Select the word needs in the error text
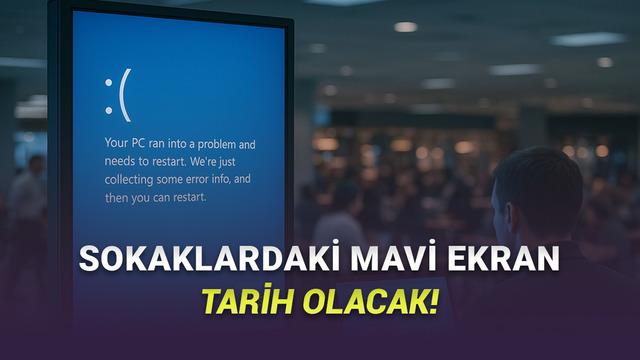122,162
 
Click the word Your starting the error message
117,144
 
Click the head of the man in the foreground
535,190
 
